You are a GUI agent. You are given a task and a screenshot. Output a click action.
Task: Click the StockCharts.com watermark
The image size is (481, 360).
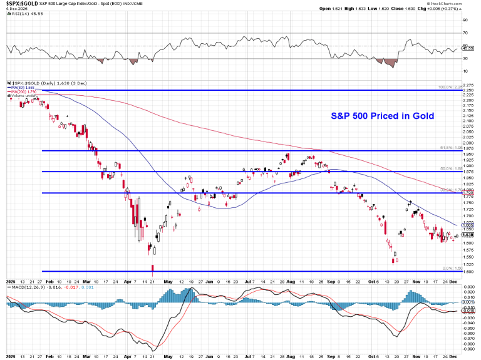pyautogui.click(x=459, y=3)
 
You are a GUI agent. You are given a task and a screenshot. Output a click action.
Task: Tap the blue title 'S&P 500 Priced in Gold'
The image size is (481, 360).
pyautogui.click(x=382, y=116)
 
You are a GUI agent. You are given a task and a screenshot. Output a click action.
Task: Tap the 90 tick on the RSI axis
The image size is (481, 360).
pyautogui.click(x=465, y=20)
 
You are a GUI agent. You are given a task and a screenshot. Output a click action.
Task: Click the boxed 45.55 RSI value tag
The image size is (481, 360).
pyautogui.click(x=467, y=47)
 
